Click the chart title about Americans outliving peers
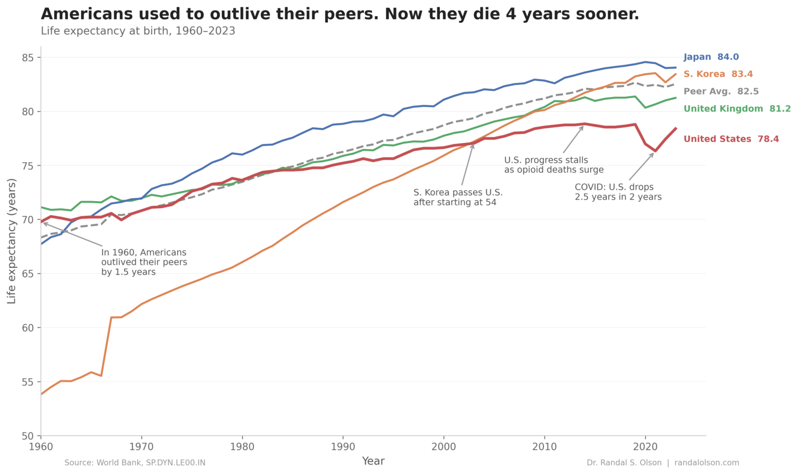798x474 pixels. coord(340,14)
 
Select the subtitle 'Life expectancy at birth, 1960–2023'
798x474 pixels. coord(138,31)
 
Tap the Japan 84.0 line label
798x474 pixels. coord(711,57)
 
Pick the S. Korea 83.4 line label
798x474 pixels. coord(718,74)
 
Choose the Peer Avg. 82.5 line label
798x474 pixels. coord(721,91)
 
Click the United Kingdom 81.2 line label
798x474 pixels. coord(737,109)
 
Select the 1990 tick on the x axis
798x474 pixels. coord(343,446)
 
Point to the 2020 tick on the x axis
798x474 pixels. coord(645,446)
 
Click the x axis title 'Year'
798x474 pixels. coord(373,461)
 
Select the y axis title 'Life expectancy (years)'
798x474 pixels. coord(12,241)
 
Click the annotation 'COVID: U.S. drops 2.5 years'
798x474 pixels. coord(618,192)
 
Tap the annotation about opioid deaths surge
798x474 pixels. coord(553,165)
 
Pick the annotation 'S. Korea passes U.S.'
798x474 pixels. coord(458,197)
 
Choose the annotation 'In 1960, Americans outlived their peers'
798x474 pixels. coord(144,262)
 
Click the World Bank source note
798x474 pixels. coord(135,463)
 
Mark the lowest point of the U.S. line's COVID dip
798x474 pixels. coord(655,151)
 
